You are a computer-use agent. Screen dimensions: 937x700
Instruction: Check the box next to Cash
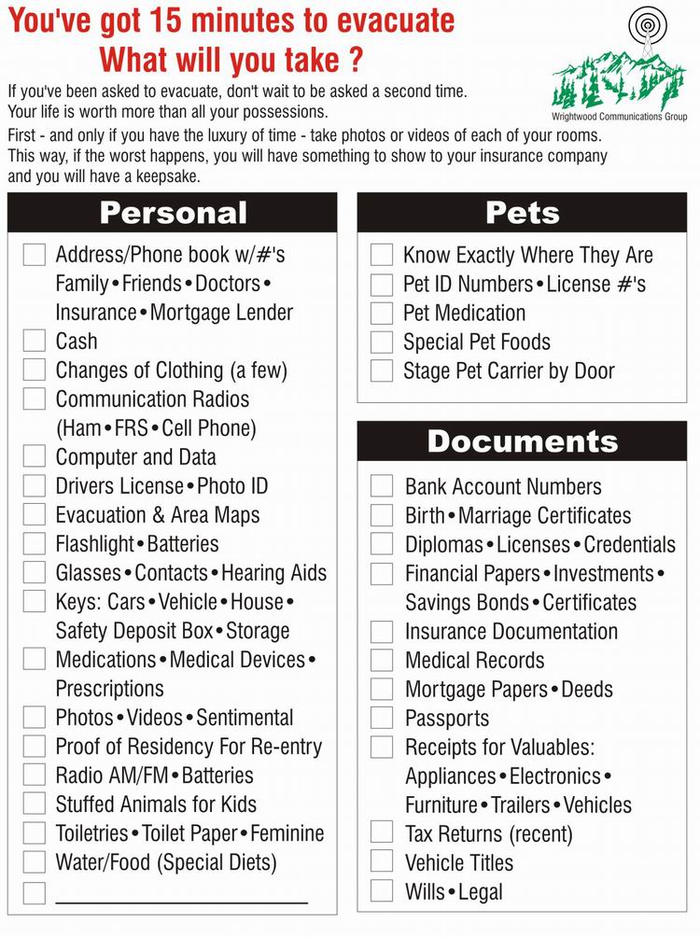35,341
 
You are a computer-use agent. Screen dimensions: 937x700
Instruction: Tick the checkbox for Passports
382,718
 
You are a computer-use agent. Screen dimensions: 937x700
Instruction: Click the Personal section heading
173,213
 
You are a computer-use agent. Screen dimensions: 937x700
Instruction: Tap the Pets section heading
522,213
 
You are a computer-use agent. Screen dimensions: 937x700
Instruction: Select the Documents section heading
522,441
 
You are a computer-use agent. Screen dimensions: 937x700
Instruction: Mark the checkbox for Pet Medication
382,313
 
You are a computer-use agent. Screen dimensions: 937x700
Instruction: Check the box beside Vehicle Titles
382,861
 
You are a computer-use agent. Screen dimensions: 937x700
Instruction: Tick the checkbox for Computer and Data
35,456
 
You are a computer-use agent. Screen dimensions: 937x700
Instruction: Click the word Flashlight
94,543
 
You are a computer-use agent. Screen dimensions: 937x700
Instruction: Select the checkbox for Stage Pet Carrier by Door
382,371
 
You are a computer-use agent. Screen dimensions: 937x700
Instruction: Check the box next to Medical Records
382,660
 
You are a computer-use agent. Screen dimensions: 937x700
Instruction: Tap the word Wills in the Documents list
426,891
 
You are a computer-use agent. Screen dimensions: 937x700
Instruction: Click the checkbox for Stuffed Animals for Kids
35,804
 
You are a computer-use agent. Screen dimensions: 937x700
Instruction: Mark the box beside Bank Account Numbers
382,486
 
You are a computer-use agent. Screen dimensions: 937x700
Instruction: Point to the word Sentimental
245,718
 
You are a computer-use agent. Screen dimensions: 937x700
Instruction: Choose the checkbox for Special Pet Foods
382,342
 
